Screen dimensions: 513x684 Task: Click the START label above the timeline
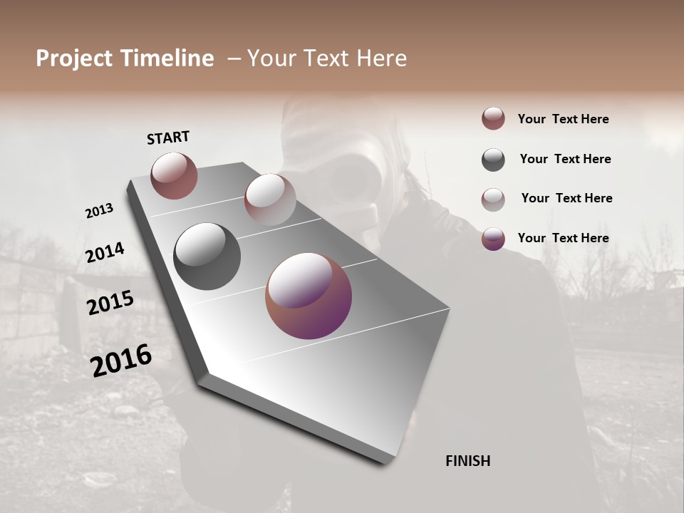click(168, 138)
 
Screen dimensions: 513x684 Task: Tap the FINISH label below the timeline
click(467, 461)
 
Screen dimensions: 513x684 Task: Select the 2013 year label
click(99, 211)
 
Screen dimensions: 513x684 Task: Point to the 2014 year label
click(105, 253)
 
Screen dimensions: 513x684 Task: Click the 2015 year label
click(110, 303)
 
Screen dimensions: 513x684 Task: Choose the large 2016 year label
click(121, 360)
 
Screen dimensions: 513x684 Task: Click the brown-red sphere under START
click(174, 175)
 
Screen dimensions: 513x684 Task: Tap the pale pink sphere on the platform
click(269, 199)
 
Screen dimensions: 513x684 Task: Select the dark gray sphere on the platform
click(207, 256)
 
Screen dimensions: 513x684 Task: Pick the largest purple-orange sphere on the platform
click(309, 296)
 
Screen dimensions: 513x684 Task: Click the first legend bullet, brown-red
click(493, 119)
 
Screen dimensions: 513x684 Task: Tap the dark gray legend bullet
click(493, 160)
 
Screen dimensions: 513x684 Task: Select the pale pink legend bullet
click(493, 199)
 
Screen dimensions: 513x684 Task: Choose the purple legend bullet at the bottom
click(493, 239)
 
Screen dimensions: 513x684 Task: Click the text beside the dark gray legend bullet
click(565, 159)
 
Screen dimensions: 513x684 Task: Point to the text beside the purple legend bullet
click(563, 238)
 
